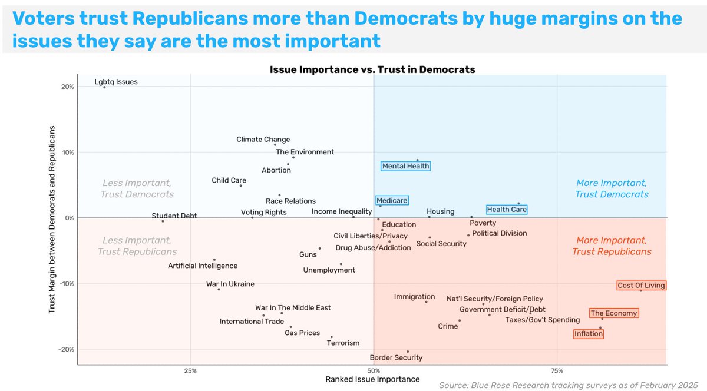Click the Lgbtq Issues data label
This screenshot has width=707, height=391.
point(116,82)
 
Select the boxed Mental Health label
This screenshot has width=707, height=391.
point(406,166)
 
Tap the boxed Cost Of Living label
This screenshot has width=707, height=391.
point(641,286)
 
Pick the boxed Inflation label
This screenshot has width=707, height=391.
point(589,334)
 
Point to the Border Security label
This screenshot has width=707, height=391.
point(396,357)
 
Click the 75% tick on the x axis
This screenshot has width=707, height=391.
point(557,371)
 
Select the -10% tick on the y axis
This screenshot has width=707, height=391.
point(65,284)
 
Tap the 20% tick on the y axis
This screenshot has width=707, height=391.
point(67,87)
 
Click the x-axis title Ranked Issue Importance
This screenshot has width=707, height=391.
point(372,379)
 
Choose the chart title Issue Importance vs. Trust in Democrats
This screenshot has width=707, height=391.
point(372,69)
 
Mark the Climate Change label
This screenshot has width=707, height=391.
point(263,140)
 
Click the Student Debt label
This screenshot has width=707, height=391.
point(174,216)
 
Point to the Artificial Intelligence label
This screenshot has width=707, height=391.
point(203,266)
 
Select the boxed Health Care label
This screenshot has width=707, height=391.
point(507,210)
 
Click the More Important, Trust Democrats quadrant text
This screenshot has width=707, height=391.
point(612,188)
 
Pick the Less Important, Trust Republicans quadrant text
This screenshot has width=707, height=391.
point(137,246)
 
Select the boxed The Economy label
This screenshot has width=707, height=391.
point(613,313)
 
